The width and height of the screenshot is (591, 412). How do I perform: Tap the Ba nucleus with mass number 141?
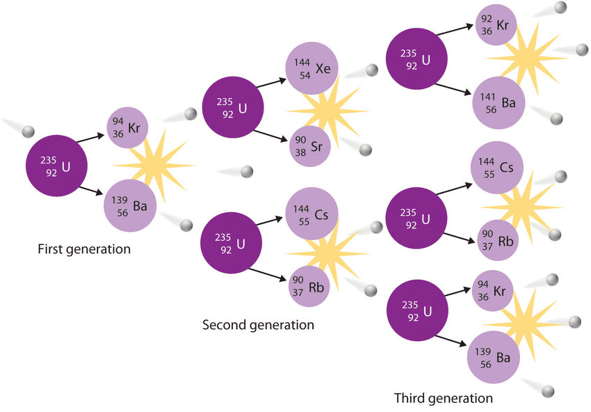click(x=497, y=103)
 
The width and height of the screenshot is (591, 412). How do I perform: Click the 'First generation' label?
click(x=84, y=248)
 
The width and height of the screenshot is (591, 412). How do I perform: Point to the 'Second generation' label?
click(x=258, y=325)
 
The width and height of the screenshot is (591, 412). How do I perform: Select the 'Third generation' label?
click(x=443, y=398)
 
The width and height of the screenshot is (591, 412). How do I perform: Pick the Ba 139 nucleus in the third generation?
click(x=494, y=356)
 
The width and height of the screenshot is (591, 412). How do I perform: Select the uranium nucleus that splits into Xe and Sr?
click(x=233, y=107)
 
